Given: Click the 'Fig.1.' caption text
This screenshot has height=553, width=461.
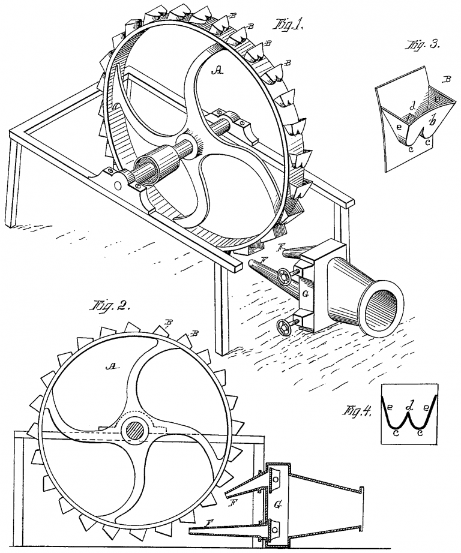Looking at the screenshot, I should [x=289, y=25].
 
